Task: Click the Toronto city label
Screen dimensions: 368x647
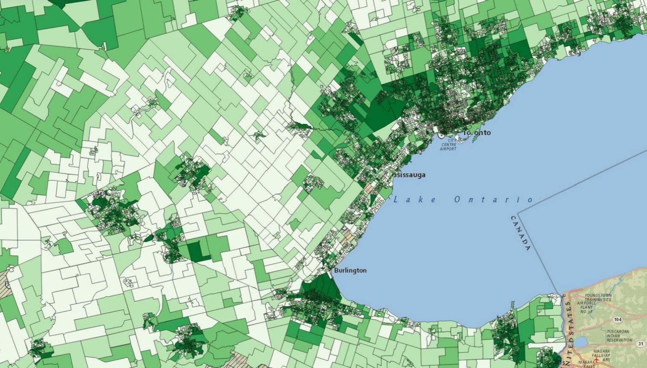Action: (x=477, y=132)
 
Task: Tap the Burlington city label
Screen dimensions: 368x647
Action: (x=350, y=270)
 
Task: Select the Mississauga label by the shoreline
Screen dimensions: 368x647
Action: (x=409, y=175)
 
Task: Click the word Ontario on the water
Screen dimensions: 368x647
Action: (x=493, y=200)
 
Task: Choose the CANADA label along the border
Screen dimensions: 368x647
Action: (x=521, y=233)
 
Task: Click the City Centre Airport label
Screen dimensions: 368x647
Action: (x=448, y=145)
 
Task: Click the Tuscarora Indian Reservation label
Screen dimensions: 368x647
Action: (x=619, y=335)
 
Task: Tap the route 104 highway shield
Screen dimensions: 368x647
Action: (x=618, y=319)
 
